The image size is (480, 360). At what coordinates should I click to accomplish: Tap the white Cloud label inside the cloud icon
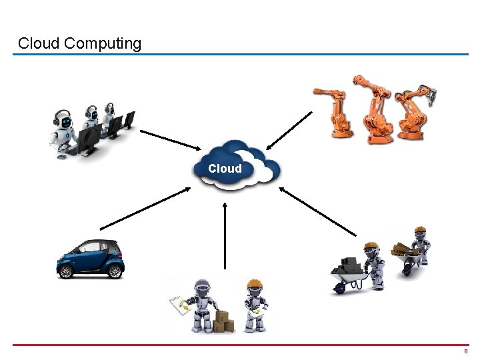tap(225, 169)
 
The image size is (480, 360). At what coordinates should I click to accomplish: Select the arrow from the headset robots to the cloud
tap(170, 139)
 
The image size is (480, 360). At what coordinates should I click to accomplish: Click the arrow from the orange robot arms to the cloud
tap(289, 130)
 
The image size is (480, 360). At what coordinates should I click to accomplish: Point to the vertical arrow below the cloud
tap(225, 237)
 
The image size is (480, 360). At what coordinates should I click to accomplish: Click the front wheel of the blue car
tap(65, 271)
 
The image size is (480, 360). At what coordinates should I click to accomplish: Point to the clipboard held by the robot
tap(179, 304)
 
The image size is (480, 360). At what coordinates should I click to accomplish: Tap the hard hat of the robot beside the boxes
tap(254, 285)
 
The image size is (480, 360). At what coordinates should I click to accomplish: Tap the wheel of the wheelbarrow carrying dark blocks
tap(339, 287)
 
